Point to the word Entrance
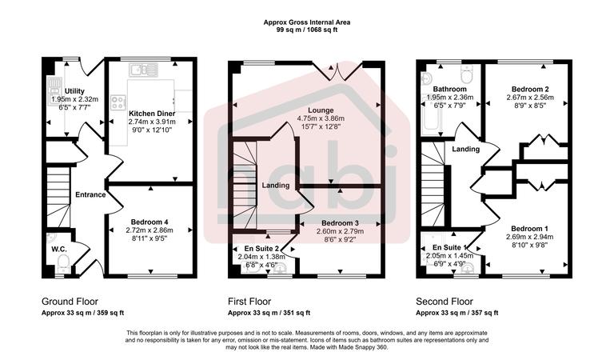(x=90, y=194)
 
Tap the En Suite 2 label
(x=261, y=249)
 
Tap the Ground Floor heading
(x=70, y=302)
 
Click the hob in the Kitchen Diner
(x=119, y=102)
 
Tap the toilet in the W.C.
(x=52, y=238)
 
